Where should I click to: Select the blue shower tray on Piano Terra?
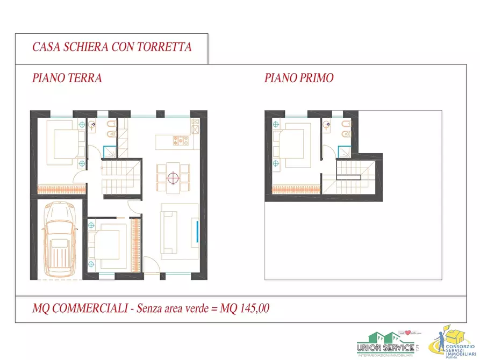pos(109,153)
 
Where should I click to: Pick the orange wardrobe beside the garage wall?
pos(59,189)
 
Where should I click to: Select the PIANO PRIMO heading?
pos(299,78)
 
